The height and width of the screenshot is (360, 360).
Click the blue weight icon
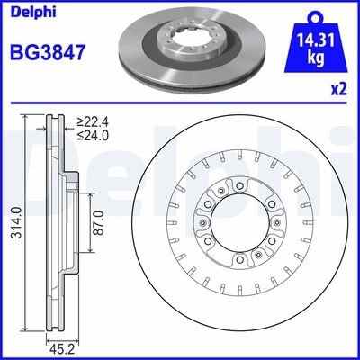(314, 47)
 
